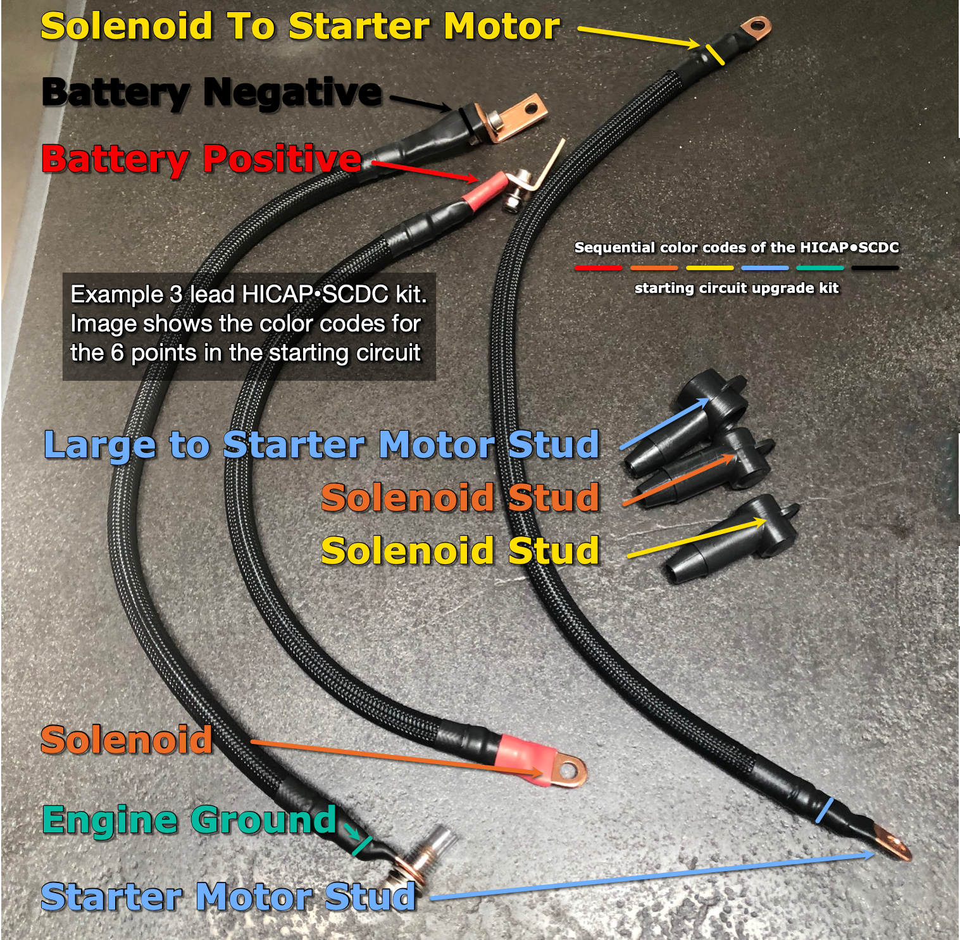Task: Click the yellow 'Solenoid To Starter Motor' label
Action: tap(300, 27)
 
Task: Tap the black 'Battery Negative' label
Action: tap(211, 92)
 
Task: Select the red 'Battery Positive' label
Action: tap(201, 158)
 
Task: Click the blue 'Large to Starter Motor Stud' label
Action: tap(321, 445)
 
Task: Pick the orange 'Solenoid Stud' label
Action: tap(460, 498)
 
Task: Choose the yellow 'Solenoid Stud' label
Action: tap(460, 551)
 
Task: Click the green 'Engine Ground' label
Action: tap(189, 820)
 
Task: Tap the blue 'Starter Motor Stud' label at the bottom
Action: tap(228, 897)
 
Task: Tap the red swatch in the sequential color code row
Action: tap(598, 268)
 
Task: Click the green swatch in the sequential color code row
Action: tap(820, 268)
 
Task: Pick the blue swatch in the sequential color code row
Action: tap(764, 268)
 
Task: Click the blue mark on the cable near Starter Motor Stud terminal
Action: tap(823, 810)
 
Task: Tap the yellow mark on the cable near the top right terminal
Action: tap(715, 54)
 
